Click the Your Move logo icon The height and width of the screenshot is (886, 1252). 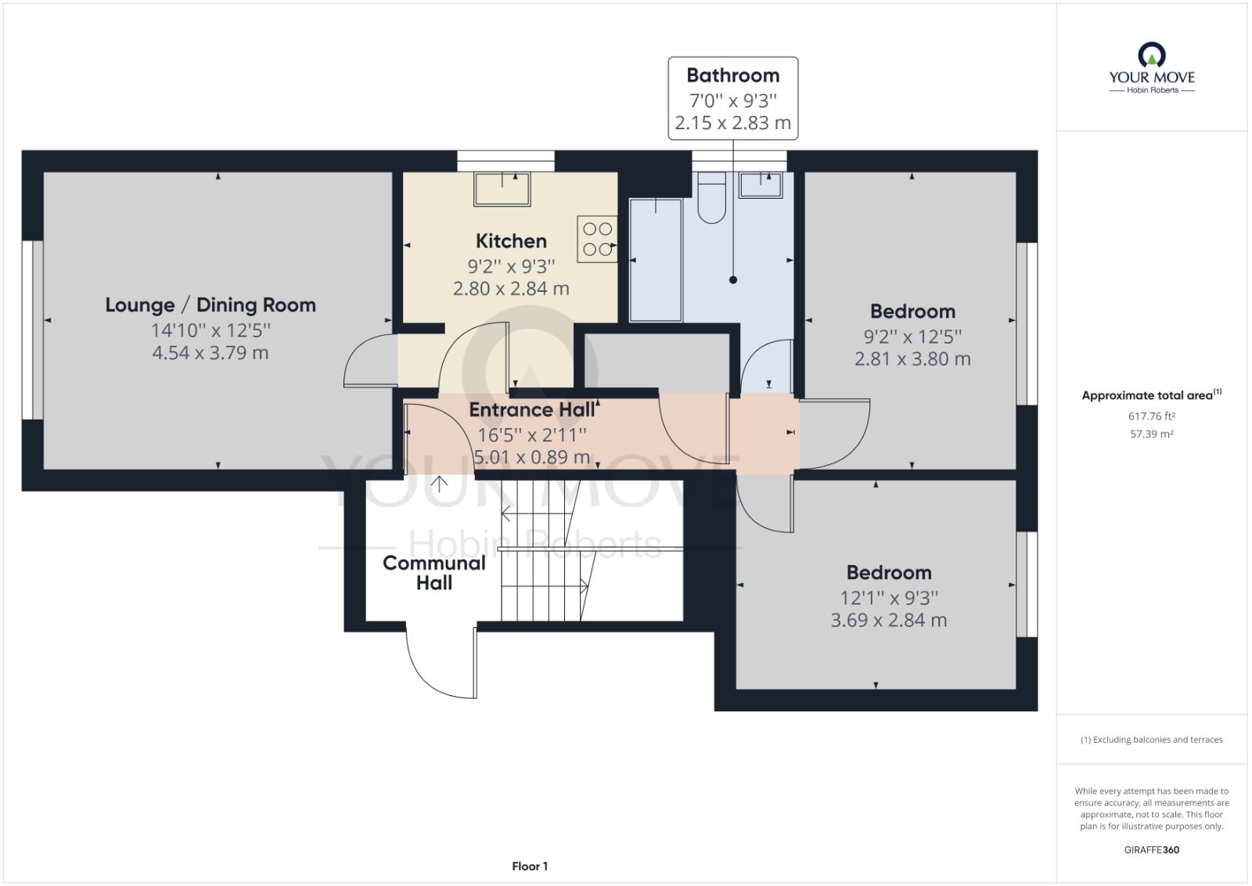pyautogui.click(x=1151, y=56)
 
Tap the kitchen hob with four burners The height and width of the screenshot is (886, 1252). pyautogui.click(x=597, y=239)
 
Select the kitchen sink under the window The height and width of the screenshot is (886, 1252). pyautogui.click(x=502, y=189)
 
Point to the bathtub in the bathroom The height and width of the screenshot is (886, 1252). pyautogui.click(x=656, y=260)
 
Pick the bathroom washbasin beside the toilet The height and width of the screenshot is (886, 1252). pyautogui.click(x=761, y=185)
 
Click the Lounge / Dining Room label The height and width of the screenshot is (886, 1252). pyautogui.click(x=210, y=305)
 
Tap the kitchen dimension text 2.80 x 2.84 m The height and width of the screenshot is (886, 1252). pyautogui.click(x=511, y=289)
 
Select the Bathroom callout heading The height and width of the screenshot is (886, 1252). pyautogui.click(x=732, y=76)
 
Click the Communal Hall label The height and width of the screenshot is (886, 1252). pyautogui.click(x=434, y=573)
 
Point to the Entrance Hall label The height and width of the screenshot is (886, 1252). pyautogui.click(x=532, y=409)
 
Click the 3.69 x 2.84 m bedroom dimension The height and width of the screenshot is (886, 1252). pyautogui.click(x=888, y=621)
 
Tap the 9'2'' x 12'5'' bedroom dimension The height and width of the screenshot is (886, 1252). pyautogui.click(x=912, y=337)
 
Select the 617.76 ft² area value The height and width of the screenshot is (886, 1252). pyautogui.click(x=1151, y=416)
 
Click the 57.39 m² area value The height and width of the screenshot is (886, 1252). pyautogui.click(x=1151, y=434)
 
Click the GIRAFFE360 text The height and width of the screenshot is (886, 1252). pyautogui.click(x=1151, y=849)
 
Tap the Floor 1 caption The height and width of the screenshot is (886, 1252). pyautogui.click(x=530, y=866)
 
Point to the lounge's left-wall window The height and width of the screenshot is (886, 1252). pyautogui.click(x=32, y=330)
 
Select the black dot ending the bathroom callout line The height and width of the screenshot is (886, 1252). pyautogui.click(x=733, y=279)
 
